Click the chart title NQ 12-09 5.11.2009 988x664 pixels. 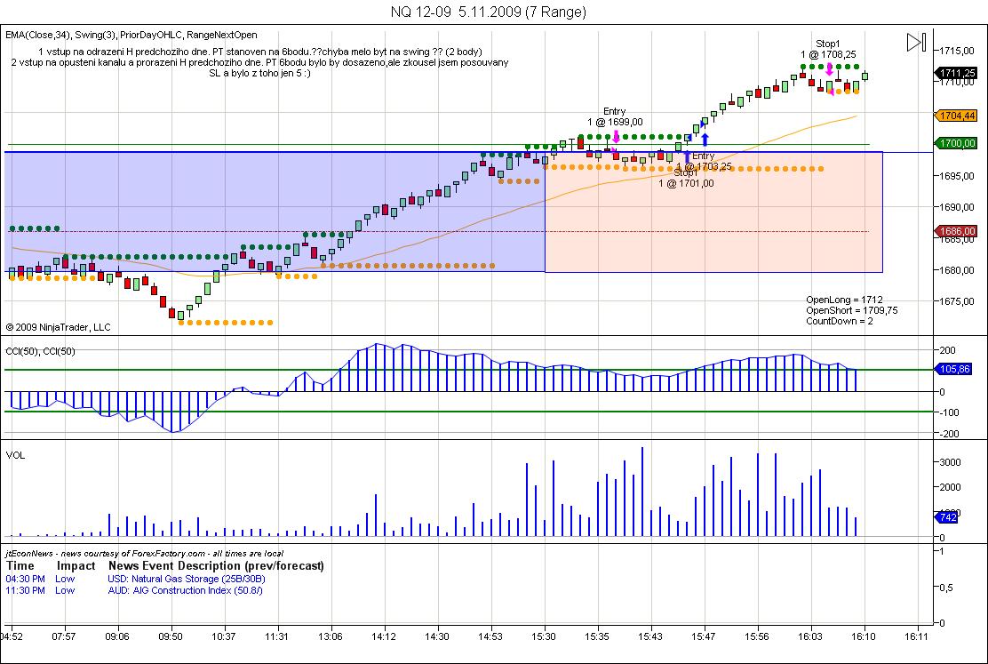(x=488, y=12)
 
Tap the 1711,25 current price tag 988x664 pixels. (x=959, y=73)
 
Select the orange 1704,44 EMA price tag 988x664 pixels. (x=959, y=116)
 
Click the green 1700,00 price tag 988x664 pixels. (x=959, y=143)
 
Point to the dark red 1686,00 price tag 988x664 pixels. (x=959, y=231)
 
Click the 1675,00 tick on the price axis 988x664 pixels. (x=956, y=301)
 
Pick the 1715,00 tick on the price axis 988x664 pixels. (x=956, y=50)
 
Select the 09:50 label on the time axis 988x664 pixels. (x=171, y=636)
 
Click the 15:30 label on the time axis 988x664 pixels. (x=544, y=636)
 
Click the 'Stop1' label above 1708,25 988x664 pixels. (x=828, y=44)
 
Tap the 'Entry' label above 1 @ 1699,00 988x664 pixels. (x=614, y=111)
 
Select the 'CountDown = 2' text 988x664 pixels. (x=840, y=321)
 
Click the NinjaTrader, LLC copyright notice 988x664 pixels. (x=59, y=327)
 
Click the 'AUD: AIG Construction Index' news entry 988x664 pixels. (x=186, y=590)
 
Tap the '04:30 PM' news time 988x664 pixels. (x=23, y=579)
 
